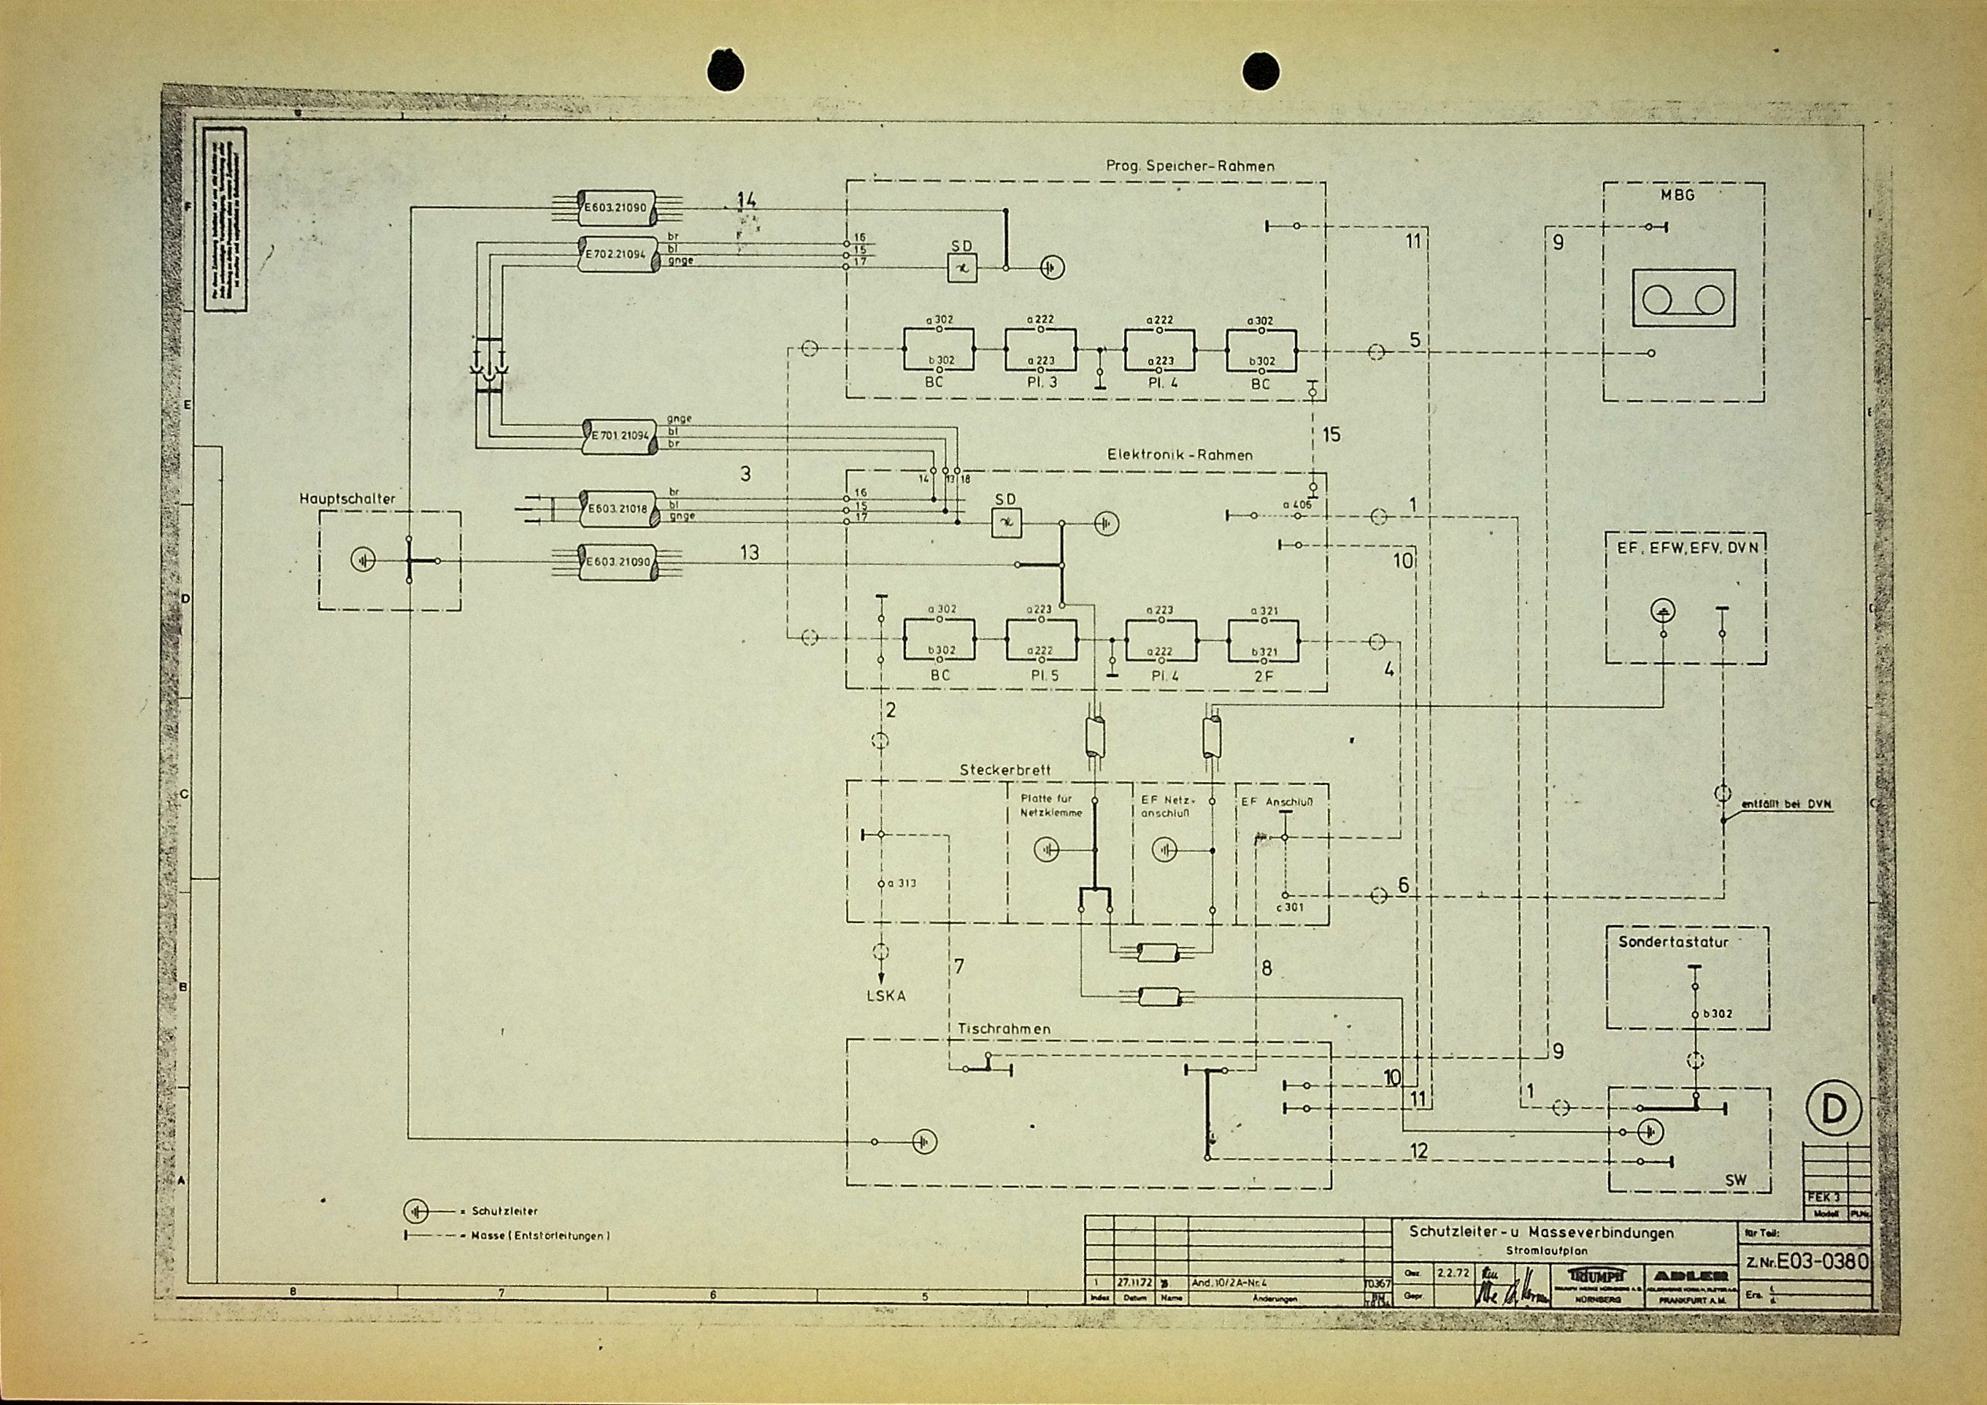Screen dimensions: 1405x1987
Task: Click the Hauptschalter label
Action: pyautogui.click(x=347, y=499)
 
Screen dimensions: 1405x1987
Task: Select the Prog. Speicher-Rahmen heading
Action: pyautogui.click(x=1190, y=165)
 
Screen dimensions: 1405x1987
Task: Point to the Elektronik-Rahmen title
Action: pyautogui.click(x=1180, y=454)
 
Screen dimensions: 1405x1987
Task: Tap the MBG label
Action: pyautogui.click(x=1677, y=196)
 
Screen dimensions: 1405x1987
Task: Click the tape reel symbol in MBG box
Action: pyautogui.click(x=1683, y=299)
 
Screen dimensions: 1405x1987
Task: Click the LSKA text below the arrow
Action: pyautogui.click(x=886, y=995)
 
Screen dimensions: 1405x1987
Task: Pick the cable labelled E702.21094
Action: pyautogui.click(x=616, y=253)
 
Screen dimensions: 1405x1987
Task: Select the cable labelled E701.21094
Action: pyautogui.click(x=619, y=435)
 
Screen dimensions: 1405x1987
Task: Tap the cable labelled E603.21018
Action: pyautogui.click(x=617, y=509)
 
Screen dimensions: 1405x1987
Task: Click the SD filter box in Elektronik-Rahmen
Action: pyautogui.click(x=1006, y=522)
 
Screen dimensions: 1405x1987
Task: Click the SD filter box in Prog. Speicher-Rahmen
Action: pyautogui.click(x=961, y=268)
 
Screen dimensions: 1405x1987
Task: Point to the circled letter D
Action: pyautogui.click(x=1834, y=1111)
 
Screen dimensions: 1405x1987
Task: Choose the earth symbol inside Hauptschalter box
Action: pyautogui.click(x=364, y=561)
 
